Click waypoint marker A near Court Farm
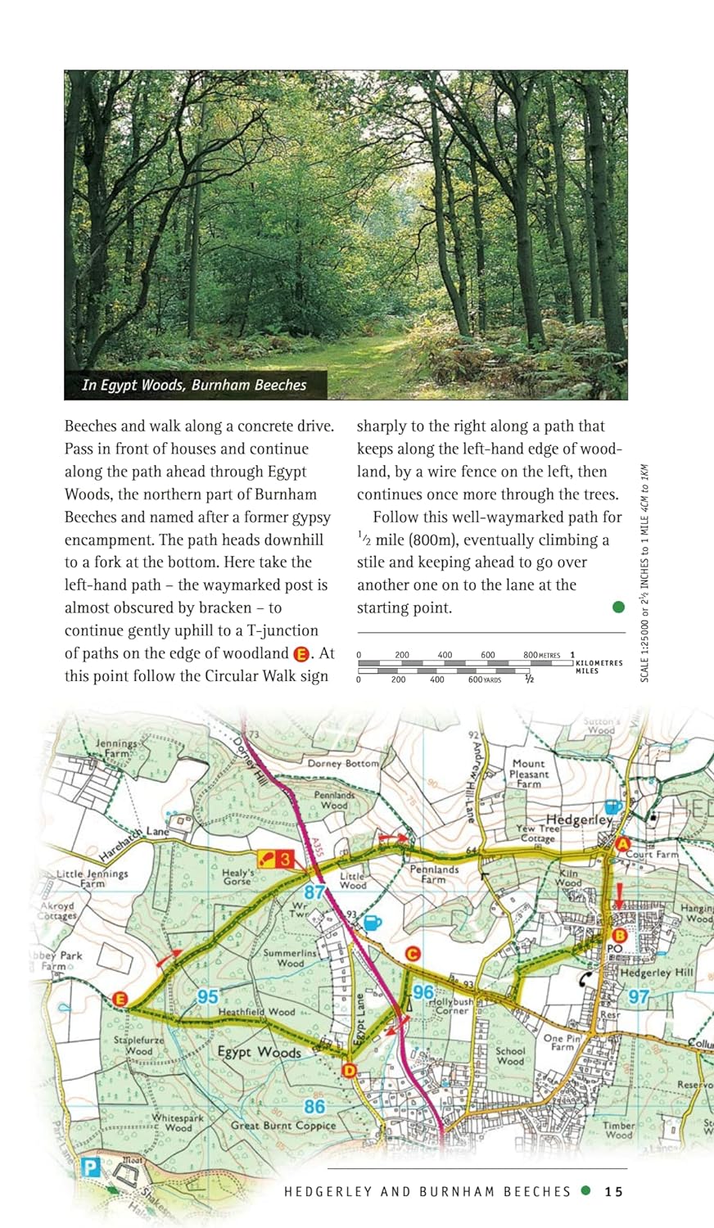622,843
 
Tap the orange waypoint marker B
619,936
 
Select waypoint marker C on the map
413,954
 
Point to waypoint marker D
350,1070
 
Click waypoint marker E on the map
120,999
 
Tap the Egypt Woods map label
259,1052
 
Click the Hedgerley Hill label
657,973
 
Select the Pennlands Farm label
434,874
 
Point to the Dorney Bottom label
343,764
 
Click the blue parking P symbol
90,1167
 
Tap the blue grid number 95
208,996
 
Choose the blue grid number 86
314,1106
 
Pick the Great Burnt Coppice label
283,1126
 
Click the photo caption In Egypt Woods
194,385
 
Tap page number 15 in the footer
614,1191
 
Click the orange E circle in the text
301,653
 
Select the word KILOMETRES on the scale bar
599,663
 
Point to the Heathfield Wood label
256,1012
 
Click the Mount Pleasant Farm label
529,773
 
